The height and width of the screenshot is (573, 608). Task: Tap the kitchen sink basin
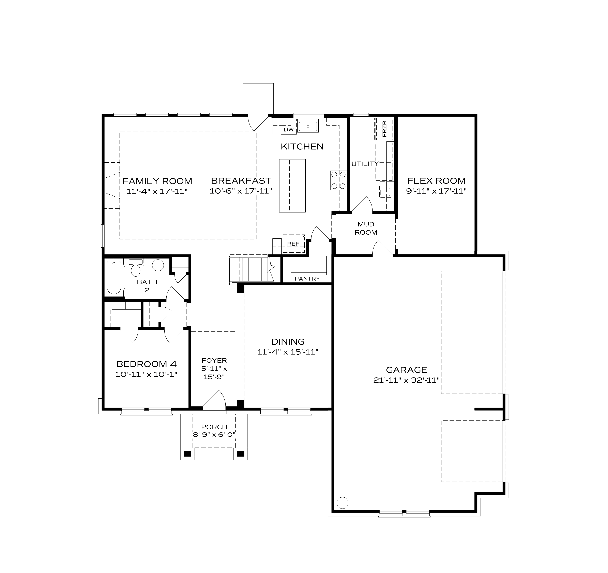coord(308,126)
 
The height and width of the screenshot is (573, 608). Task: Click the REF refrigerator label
coord(293,244)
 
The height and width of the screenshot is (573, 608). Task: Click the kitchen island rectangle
coord(292,186)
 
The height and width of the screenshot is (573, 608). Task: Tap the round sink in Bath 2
coord(158,265)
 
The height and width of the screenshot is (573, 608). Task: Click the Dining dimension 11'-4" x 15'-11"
coord(288,352)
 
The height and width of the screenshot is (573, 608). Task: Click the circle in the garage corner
coord(342,503)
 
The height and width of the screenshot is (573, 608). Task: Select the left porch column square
coord(187,454)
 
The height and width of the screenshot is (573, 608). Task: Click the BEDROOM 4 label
coord(147,364)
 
